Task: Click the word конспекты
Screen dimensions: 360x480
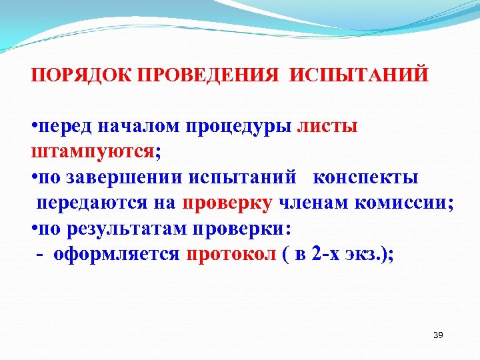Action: (365, 178)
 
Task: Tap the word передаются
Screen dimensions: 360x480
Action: (90, 204)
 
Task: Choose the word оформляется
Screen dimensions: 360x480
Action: (117, 255)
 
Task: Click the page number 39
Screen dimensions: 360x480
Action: (438, 335)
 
